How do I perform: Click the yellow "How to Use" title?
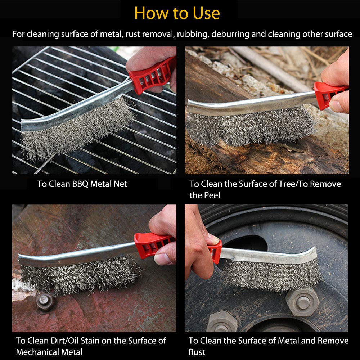[177, 13]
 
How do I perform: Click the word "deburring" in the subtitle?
[230, 34]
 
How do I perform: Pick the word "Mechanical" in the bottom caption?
[38, 352]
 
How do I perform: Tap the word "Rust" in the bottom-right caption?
[197, 352]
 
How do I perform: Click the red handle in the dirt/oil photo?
[153, 245]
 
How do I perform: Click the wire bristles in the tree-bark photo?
[250, 127]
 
